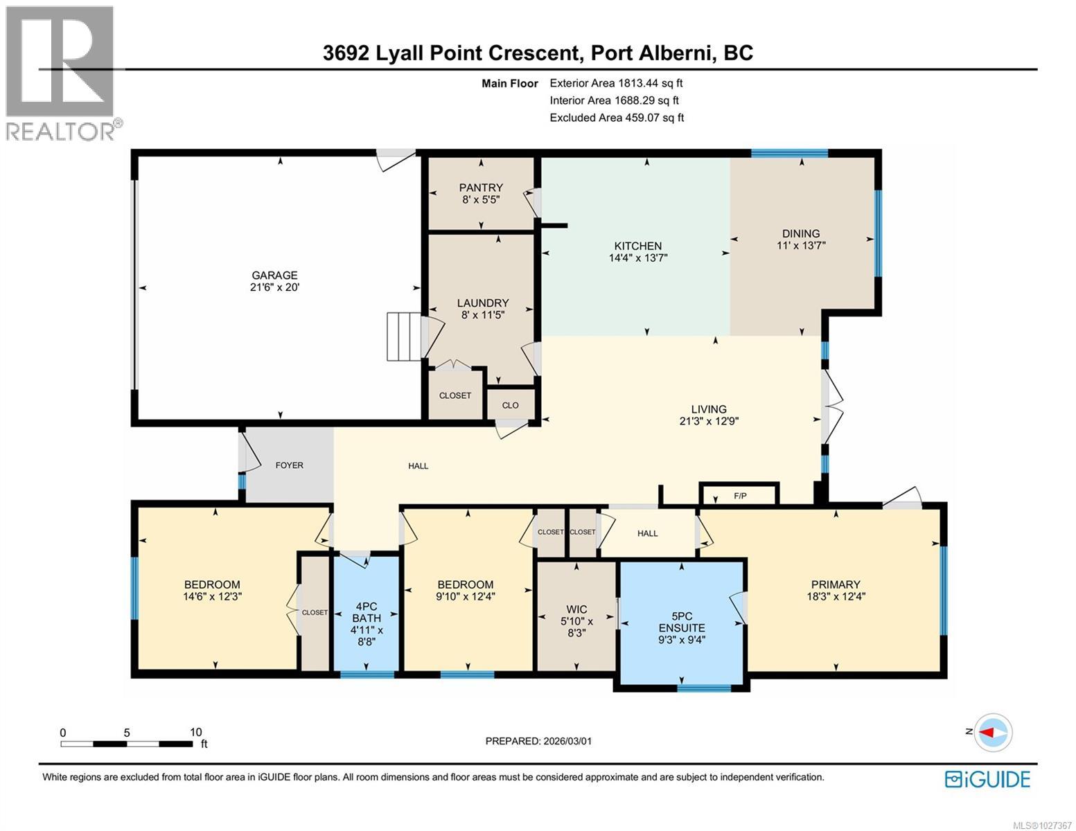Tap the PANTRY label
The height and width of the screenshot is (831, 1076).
[x=481, y=188]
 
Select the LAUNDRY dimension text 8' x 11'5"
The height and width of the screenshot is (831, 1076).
[x=483, y=314]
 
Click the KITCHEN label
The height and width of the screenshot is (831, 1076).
[x=637, y=246]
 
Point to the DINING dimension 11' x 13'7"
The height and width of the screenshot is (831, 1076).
[x=801, y=245]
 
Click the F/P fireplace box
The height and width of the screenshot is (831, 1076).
[x=740, y=496]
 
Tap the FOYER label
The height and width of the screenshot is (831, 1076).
[x=289, y=465]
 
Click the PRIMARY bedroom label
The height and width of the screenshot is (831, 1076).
[x=836, y=584]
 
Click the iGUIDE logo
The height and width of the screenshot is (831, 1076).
[x=987, y=779]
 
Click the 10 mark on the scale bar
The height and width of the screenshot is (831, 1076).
[x=195, y=732]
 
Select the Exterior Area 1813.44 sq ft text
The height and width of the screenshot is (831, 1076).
[x=616, y=83]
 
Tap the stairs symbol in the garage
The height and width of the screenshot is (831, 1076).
[x=403, y=337]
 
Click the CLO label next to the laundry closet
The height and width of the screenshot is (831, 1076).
[x=510, y=405]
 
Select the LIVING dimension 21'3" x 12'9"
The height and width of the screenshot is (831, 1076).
[x=709, y=420]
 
